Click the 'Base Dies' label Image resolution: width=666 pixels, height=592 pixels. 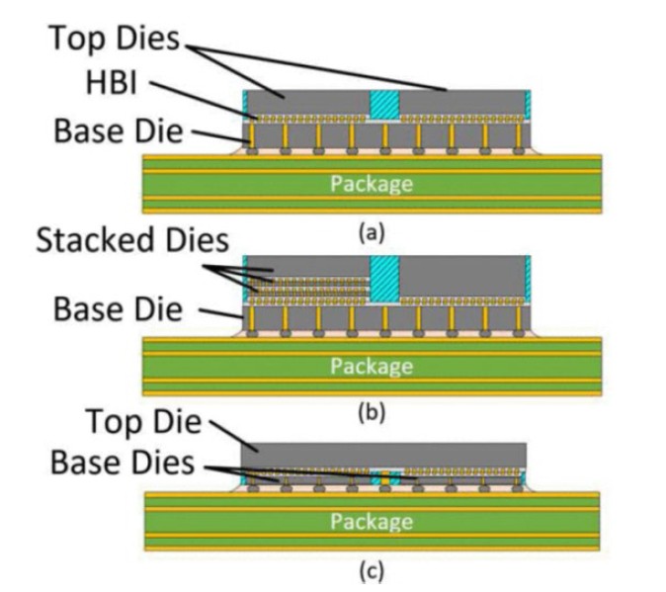click(x=124, y=463)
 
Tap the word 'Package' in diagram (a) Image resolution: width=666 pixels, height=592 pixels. click(x=371, y=183)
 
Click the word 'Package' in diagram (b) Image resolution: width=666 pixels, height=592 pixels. click(x=371, y=366)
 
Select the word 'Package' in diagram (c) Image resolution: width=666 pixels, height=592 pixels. click(x=371, y=520)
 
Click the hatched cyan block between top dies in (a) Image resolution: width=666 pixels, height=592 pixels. click(x=383, y=103)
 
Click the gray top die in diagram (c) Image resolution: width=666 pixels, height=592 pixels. click(x=385, y=454)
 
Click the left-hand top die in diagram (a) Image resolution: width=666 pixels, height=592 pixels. click(x=306, y=103)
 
